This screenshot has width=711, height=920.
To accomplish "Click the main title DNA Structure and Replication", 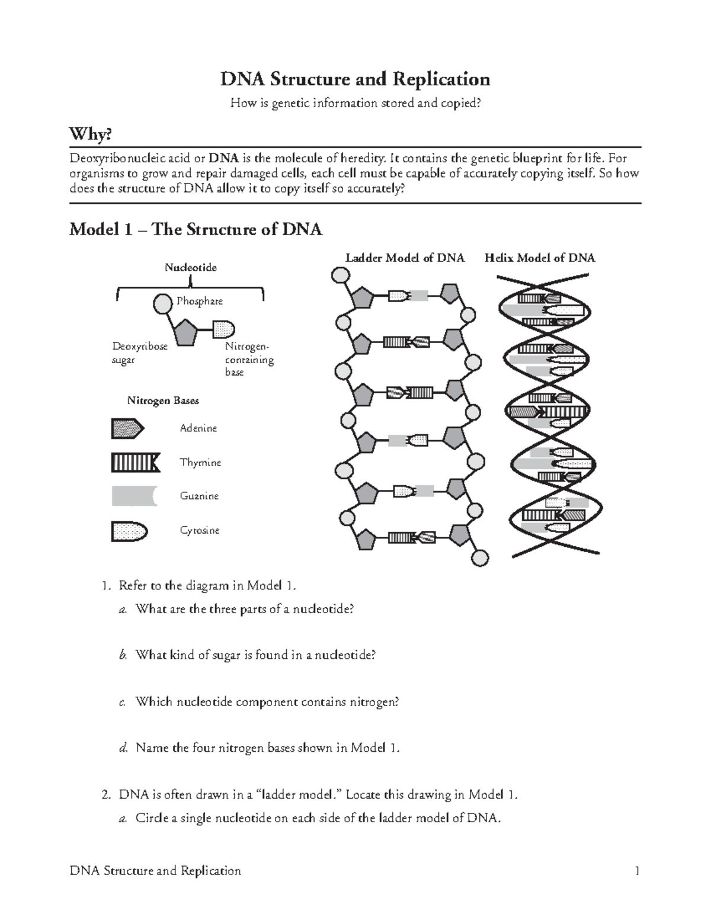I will tap(355, 79).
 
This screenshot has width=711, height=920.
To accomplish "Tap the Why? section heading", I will tap(90, 135).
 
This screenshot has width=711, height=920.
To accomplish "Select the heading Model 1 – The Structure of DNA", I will tap(196, 229).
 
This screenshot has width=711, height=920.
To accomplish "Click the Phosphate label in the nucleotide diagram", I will tap(200, 301).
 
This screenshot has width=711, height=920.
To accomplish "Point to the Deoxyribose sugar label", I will tap(140, 353).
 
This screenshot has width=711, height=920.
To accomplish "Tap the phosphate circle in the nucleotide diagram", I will tap(162, 304).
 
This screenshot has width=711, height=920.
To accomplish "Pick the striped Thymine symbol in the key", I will tap(135, 462).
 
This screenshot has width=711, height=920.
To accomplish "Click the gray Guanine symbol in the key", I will tap(134, 496).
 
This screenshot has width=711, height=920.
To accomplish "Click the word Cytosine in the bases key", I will tap(200, 530).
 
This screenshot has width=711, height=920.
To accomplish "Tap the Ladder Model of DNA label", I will tap(405, 258).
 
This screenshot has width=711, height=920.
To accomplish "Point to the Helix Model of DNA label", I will tap(540, 258).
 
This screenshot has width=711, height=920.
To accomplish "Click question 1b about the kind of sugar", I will tap(255, 655).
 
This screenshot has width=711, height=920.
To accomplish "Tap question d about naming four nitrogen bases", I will tap(267, 748).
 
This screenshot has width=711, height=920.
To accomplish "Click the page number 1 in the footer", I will tap(637, 871).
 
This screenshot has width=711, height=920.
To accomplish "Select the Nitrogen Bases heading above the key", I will tap(163, 400).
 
